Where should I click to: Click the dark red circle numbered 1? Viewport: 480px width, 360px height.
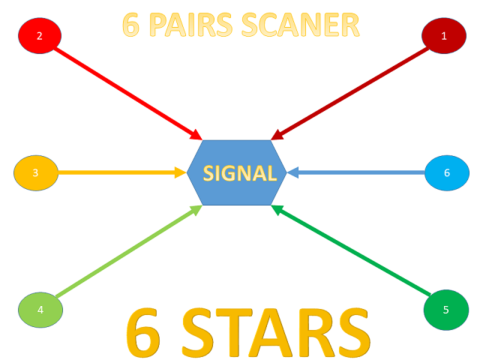[x=444, y=35]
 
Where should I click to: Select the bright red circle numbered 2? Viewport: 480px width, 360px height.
[x=40, y=35]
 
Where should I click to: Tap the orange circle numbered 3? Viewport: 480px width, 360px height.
[x=35, y=173]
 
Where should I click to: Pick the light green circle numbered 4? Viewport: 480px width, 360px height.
[x=40, y=309]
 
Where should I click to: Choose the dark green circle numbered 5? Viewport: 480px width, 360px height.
[x=445, y=309]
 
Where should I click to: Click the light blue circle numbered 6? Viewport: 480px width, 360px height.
[x=447, y=173]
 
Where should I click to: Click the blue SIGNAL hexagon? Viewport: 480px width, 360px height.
[x=236, y=172]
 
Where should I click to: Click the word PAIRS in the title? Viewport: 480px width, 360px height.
[x=190, y=25]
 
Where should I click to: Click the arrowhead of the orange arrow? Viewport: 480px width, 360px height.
[x=181, y=173]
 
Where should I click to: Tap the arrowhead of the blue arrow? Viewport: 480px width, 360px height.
[x=293, y=173]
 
